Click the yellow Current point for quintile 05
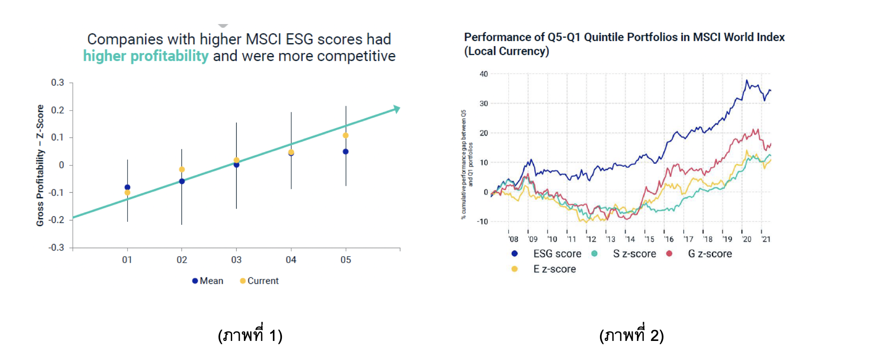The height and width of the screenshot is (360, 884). pyautogui.click(x=345, y=136)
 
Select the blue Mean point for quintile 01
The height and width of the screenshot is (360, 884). pyautogui.click(x=127, y=187)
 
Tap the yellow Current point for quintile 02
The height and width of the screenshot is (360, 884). pyautogui.click(x=182, y=169)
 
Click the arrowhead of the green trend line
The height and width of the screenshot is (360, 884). pyautogui.click(x=397, y=109)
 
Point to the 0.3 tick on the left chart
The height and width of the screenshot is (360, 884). pyautogui.click(x=58, y=83)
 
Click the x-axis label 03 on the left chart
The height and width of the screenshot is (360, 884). pyautogui.click(x=236, y=260)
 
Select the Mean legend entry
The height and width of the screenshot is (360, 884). pyautogui.click(x=208, y=281)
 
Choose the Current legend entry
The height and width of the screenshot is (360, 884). pyautogui.click(x=259, y=281)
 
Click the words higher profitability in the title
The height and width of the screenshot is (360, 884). pyautogui.click(x=146, y=56)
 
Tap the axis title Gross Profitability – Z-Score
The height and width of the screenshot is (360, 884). pyautogui.click(x=40, y=165)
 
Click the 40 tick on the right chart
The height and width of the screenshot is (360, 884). pyautogui.click(x=483, y=74)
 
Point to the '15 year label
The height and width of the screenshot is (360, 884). pyautogui.click(x=649, y=239)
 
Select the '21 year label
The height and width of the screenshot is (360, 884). pyautogui.click(x=766, y=239)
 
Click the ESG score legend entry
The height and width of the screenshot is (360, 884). pyautogui.click(x=547, y=254)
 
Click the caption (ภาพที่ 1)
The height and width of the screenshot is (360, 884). pyautogui.click(x=250, y=335)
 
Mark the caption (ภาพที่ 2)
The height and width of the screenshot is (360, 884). pyautogui.click(x=631, y=335)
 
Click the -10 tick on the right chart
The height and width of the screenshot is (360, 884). pyautogui.click(x=482, y=221)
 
